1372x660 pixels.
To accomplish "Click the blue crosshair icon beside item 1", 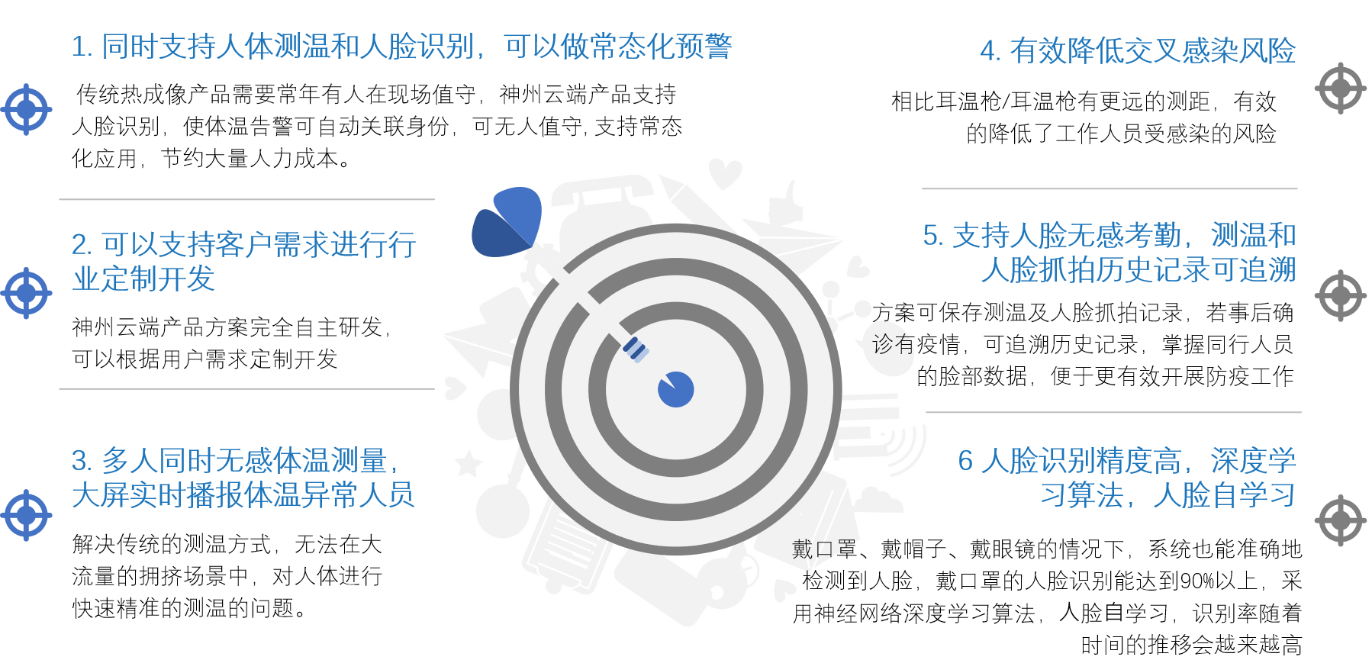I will point(27,110).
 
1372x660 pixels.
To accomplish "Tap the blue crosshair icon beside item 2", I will point(27,293).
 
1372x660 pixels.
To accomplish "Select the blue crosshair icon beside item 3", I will point(27,516).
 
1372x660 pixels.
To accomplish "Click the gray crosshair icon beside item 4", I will point(1341,89).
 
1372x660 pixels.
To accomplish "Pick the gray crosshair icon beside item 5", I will point(1341,295).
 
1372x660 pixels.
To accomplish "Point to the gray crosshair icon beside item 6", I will point(1341,520).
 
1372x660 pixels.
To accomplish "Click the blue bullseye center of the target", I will point(675,389).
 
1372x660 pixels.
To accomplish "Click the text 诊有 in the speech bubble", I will point(893,344).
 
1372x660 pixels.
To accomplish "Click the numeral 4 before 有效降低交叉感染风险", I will point(989,51).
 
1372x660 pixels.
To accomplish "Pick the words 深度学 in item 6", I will point(1253,461).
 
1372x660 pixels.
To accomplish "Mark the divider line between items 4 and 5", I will point(1110,188).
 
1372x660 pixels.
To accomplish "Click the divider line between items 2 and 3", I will point(246,388).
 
